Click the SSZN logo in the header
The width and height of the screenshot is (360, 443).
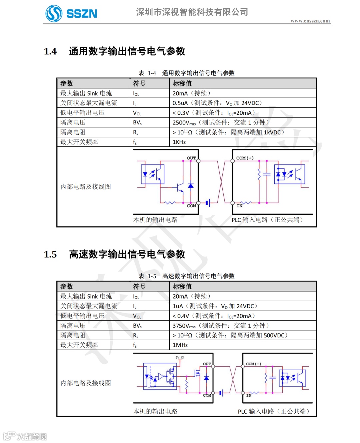click(71, 13)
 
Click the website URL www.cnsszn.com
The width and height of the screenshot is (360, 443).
click(310, 21)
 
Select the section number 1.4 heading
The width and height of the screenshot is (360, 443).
click(50, 51)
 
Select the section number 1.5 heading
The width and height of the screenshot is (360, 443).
click(50, 255)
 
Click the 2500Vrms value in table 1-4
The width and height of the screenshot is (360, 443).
click(184, 123)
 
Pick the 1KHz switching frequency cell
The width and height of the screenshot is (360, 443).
click(179, 142)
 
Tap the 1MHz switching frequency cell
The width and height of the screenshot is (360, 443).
click(180, 345)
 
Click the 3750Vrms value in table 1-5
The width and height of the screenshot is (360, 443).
click(184, 326)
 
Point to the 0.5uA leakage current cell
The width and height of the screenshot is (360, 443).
click(180, 103)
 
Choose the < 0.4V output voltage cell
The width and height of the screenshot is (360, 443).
click(181, 316)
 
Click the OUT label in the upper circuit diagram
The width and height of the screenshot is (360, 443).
click(191, 158)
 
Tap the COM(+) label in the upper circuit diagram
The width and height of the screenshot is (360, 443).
click(245, 158)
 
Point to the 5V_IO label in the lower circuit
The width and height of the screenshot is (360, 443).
click(180, 357)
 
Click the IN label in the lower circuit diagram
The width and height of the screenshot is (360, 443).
click(249, 395)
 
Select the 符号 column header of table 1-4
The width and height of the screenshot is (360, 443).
click(139, 83)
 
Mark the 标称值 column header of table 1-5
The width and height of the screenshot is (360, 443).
click(182, 287)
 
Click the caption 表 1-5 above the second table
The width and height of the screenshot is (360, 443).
click(147, 276)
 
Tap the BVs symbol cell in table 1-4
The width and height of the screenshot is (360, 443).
click(137, 123)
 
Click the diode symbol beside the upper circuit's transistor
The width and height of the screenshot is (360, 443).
click(191, 185)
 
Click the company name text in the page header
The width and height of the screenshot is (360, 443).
click(192, 12)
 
